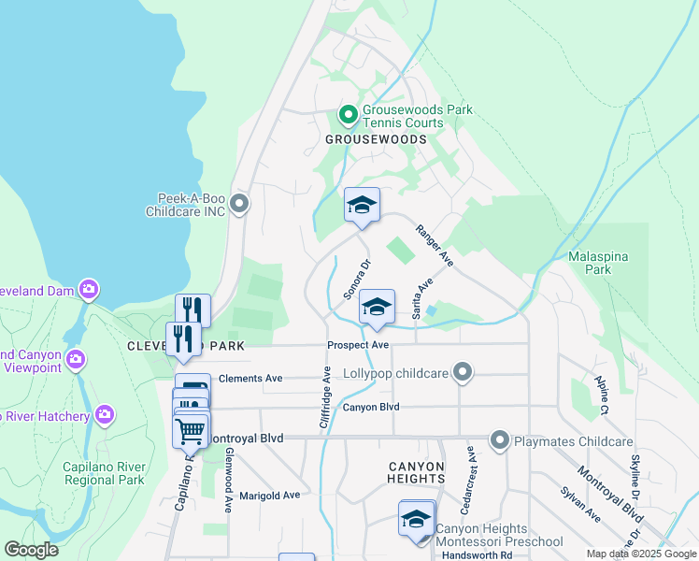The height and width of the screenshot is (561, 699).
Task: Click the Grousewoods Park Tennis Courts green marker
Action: tap(348, 116)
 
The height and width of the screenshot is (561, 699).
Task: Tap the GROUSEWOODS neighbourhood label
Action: tap(375, 139)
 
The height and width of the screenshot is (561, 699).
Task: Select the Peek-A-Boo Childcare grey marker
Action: tap(239, 203)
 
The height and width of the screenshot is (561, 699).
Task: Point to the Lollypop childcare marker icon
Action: tap(461, 373)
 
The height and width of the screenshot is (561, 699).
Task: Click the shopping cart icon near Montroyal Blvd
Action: tap(191, 431)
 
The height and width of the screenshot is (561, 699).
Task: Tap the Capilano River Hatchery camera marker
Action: tap(105, 413)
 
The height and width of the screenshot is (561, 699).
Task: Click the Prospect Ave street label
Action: tap(358, 345)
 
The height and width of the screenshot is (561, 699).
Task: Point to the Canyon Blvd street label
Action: tap(371, 407)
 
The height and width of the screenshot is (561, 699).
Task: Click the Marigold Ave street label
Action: tap(269, 495)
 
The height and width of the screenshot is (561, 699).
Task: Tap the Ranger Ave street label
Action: tap(434, 246)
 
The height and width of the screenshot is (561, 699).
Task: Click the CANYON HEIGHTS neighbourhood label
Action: tap(416, 472)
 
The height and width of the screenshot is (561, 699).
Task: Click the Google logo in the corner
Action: tap(31, 549)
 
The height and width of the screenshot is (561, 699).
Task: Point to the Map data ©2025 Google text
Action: tap(640, 554)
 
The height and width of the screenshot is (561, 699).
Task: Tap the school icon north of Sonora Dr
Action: tap(362, 205)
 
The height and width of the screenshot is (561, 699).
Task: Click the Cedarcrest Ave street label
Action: tap(470, 477)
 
